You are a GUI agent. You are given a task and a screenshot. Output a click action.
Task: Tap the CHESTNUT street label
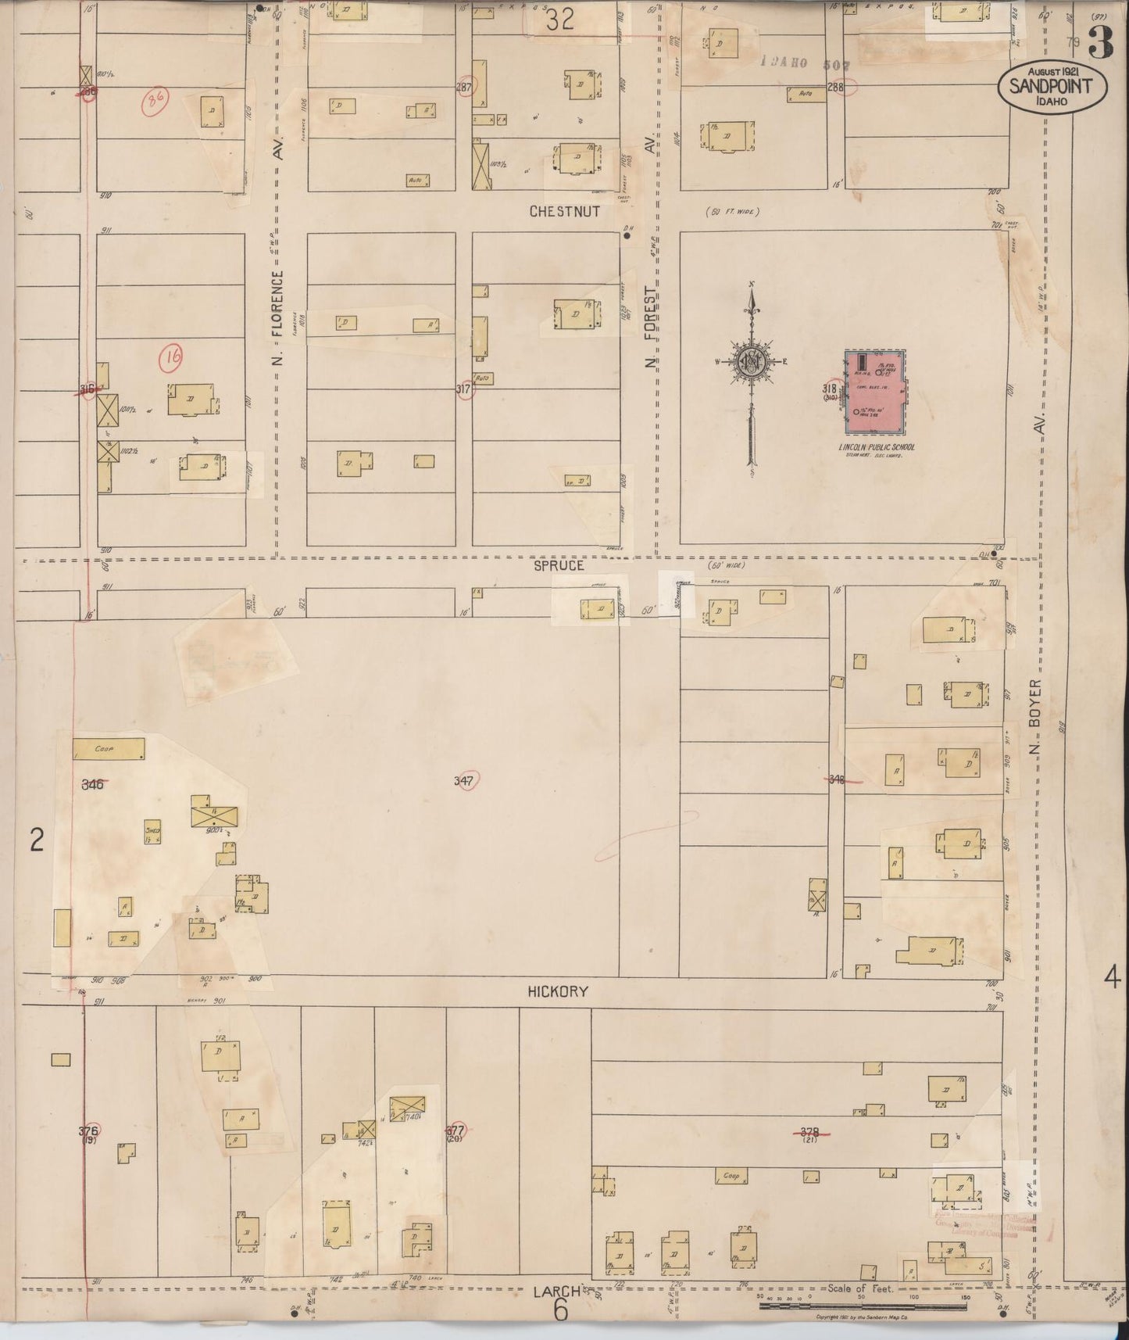[564, 212]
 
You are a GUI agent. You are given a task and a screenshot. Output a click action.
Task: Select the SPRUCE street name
[559, 565]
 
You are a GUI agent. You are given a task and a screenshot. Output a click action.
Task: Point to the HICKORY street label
[558, 991]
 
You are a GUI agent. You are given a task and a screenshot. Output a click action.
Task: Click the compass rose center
[751, 361]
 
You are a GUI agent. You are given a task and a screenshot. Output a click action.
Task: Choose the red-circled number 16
[171, 358]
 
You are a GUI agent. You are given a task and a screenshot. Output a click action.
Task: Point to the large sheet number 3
[1100, 45]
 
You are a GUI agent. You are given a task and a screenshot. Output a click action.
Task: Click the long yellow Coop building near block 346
[109, 749]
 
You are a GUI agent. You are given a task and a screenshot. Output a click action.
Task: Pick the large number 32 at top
[560, 19]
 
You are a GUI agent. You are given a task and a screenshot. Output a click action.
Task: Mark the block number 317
[464, 389]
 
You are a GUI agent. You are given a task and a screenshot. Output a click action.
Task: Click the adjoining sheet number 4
[1112, 977]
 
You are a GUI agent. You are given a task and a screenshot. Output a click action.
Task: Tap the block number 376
[88, 1130]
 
